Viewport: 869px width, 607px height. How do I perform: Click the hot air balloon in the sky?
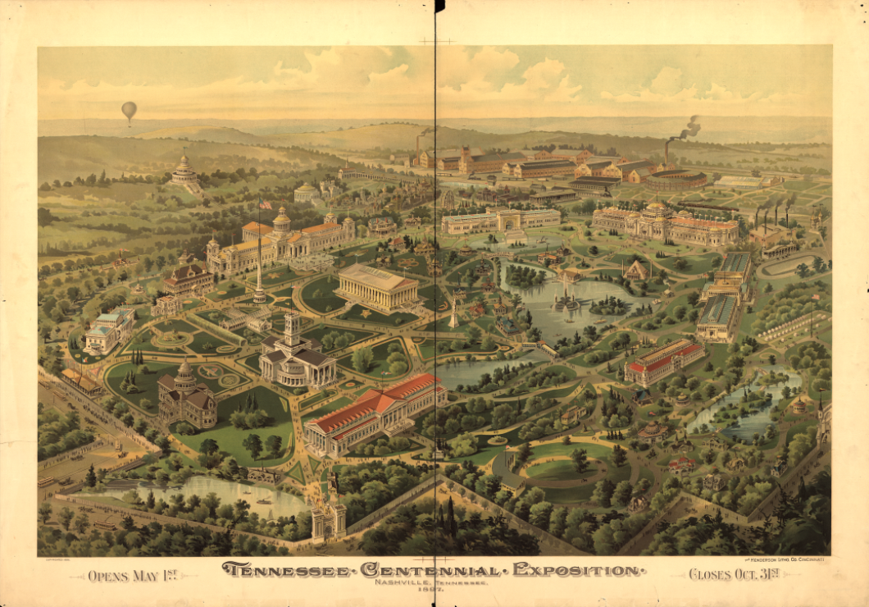tap(129, 111)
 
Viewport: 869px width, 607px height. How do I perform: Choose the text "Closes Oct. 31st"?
tap(734, 574)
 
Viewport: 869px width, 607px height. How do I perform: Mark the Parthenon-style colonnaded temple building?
tap(377, 286)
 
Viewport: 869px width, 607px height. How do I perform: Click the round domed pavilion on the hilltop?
tap(184, 171)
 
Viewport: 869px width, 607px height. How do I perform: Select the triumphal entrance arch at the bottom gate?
tap(328, 518)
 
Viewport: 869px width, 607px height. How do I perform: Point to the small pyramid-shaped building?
tap(635, 269)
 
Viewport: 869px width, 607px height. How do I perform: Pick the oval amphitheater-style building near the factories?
tap(674, 179)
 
